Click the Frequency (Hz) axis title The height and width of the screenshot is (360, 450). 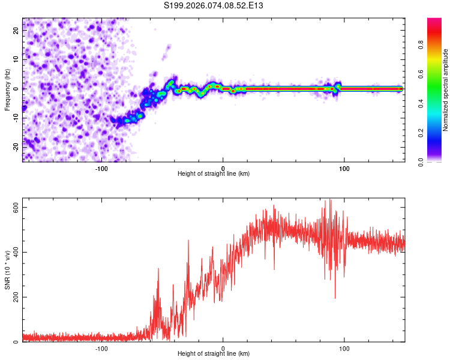7,89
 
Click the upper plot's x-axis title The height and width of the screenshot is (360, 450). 214,173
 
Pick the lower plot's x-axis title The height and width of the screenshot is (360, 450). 214,353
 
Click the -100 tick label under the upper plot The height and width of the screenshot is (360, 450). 101,167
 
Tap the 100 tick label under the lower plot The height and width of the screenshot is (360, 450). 344,347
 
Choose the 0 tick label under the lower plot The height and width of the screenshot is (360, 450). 223,347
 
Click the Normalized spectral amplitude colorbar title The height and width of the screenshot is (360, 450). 446,90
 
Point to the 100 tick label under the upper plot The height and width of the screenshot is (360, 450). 344,167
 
